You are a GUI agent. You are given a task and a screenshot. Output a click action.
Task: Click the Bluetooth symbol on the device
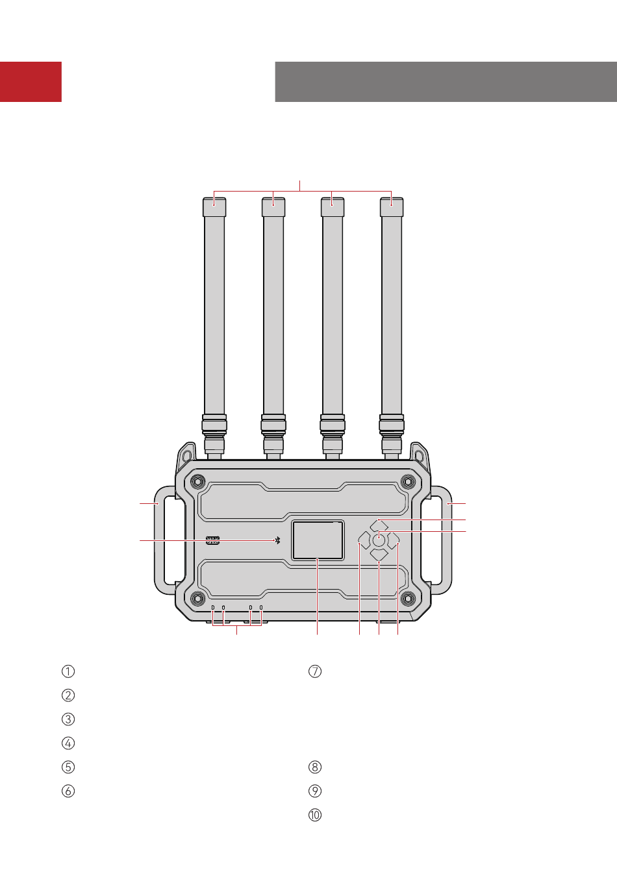(277, 540)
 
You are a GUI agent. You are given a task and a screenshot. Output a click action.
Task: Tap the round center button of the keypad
(379, 540)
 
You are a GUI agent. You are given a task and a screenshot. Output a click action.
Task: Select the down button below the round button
(379, 555)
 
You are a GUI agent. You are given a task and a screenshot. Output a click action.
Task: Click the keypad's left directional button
(364, 540)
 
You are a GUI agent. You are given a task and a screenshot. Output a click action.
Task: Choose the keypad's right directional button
(394, 540)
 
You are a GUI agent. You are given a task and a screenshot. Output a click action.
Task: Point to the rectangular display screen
(318, 540)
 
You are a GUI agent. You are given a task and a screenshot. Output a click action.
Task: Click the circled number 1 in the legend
(68, 671)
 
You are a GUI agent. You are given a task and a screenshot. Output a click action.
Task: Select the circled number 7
(315, 671)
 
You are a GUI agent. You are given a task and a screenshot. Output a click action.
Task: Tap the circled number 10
(315, 816)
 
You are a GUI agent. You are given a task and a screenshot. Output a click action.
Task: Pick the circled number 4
(68, 743)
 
